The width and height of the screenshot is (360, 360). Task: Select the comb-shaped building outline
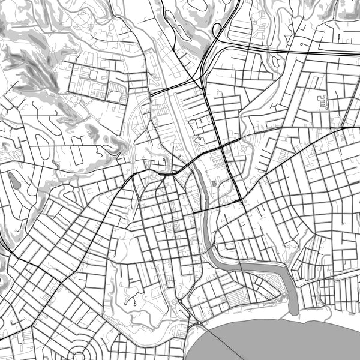[x=324, y=101]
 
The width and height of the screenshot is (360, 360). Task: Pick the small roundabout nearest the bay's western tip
[x=199, y=325]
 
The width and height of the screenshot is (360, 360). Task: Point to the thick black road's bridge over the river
[x=201, y=212]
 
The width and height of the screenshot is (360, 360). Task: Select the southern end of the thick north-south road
[x=242, y=201]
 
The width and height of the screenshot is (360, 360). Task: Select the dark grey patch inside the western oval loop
[x=14, y=182]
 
